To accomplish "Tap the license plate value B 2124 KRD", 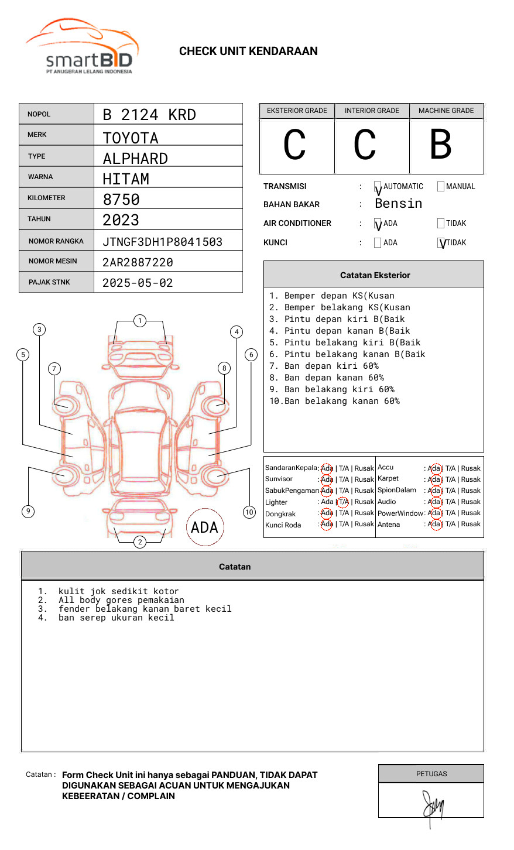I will pyautogui.click(x=149, y=115).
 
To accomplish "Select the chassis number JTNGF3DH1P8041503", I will pyautogui.click(x=162, y=242).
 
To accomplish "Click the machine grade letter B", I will pyautogui.click(x=441, y=145).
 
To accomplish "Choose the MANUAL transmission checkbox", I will pyautogui.click(x=441, y=187).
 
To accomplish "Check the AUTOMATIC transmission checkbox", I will pyautogui.click(x=378, y=187).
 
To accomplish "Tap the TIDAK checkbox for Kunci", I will pyautogui.click(x=441, y=243).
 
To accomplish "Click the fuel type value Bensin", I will pyautogui.click(x=398, y=204).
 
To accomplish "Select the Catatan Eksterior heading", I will pyautogui.click(x=375, y=275).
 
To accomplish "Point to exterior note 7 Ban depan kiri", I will pyautogui.click(x=324, y=366).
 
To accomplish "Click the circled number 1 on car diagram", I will pyautogui.click(x=139, y=320).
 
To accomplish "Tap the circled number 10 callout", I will pyautogui.click(x=249, y=512).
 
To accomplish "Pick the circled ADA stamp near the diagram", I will pyautogui.click(x=204, y=527).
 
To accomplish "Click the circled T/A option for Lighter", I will pyautogui.click(x=343, y=502).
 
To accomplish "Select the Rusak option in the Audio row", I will pyautogui.click(x=471, y=502).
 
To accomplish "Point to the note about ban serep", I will pyautogui.click(x=116, y=618).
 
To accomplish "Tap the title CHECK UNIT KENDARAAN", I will pyautogui.click(x=248, y=52).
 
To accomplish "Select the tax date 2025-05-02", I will pyautogui.click(x=138, y=283).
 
